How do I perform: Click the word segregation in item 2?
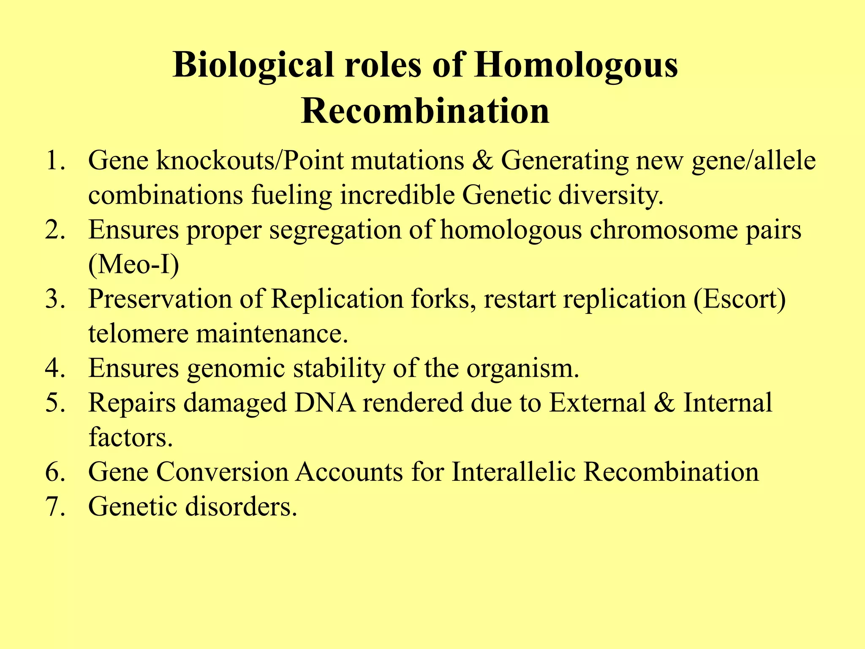pos(336,231)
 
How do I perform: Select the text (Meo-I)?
pos(133,265)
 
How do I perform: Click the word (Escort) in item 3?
pos(739,300)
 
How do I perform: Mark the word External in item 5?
pos(597,403)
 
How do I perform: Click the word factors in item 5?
pos(131,437)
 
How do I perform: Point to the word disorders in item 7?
pos(241,506)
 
